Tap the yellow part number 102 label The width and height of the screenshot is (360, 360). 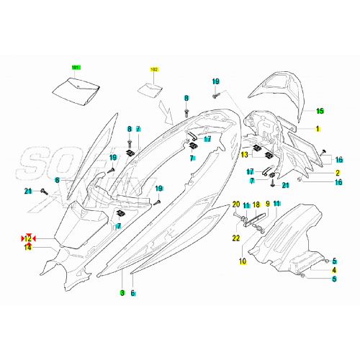153,70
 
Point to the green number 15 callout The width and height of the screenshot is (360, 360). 320,111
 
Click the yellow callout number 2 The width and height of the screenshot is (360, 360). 317,174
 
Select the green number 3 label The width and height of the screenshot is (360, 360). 122,293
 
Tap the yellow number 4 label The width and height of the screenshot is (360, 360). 333,269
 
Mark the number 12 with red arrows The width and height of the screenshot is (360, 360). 29,238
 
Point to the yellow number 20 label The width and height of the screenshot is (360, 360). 235,205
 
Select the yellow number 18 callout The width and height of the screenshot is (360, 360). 256,205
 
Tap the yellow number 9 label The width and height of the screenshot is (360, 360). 267,205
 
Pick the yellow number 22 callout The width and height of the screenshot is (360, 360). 235,238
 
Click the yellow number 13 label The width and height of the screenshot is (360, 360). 245,154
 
